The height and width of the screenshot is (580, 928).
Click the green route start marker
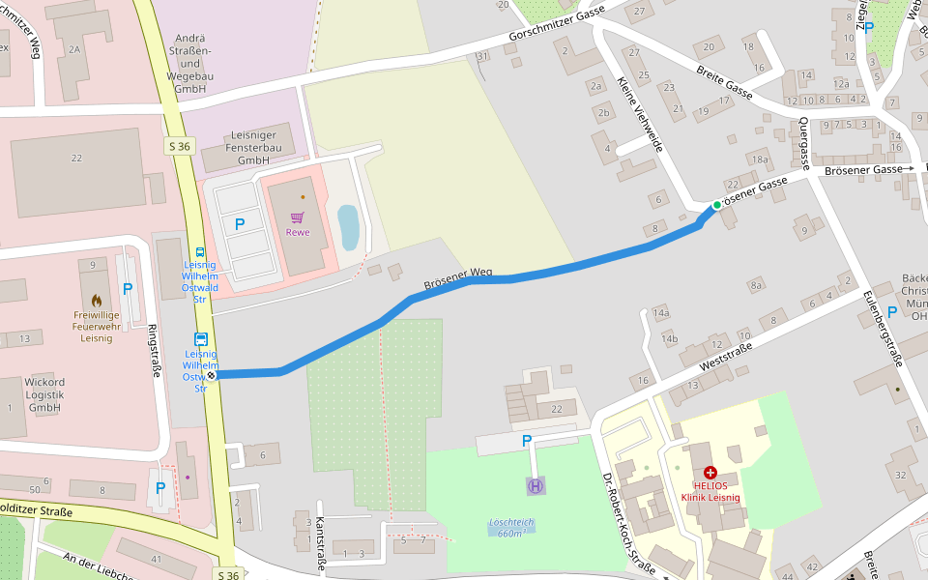pos(716,205)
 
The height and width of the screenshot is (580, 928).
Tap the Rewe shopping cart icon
pos(297,218)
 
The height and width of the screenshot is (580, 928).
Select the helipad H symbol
pos(535,484)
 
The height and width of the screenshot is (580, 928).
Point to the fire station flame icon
pos(97,301)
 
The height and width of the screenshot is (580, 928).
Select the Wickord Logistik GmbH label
pos(43,394)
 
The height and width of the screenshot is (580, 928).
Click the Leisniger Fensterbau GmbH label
pos(252,148)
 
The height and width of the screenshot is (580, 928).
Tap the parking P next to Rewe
pos(240,223)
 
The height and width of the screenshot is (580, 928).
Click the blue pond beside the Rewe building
pos(348,227)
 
